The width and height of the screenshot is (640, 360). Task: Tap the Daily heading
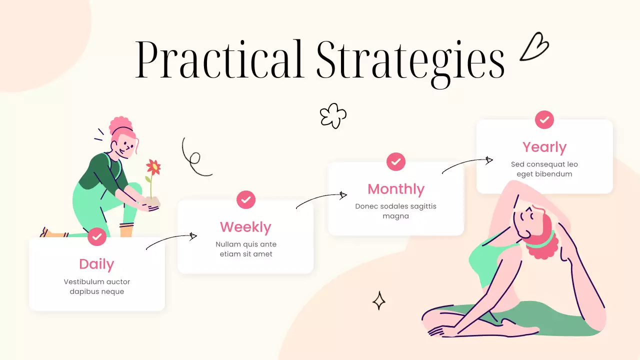(96, 264)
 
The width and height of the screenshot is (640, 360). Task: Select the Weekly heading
(245, 227)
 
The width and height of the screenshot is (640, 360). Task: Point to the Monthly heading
(395, 189)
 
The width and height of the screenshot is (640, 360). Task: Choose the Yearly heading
(544, 147)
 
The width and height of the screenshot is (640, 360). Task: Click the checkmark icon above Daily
(97, 236)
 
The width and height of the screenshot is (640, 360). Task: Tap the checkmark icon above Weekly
(246, 199)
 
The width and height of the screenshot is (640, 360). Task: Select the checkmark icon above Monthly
(396, 161)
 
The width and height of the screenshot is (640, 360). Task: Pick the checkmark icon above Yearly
(544, 119)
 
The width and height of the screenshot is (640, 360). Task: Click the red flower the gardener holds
(153, 167)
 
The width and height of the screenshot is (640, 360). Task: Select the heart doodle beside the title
(534, 47)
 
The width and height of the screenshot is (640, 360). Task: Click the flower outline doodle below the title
(333, 115)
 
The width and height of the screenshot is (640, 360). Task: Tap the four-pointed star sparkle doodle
(379, 300)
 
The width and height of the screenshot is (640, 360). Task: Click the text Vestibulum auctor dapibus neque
(97, 286)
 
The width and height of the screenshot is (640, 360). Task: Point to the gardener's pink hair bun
(120, 124)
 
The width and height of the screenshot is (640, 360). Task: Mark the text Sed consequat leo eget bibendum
(544, 169)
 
